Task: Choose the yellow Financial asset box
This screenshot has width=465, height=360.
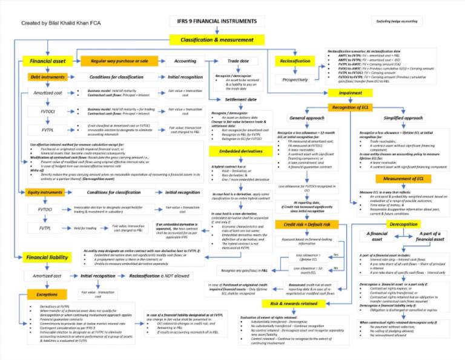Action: (x=48, y=61)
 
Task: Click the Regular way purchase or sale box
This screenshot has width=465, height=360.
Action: (x=119, y=61)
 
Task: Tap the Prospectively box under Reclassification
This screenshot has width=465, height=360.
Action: (x=295, y=79)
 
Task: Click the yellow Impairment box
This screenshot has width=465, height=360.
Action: (x=350, y=93)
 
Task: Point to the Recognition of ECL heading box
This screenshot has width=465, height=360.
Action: (x=351, y=107)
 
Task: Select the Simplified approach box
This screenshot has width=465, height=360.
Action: (x=403, y=118)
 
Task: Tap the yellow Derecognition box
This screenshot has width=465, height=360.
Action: (x=404, y=224)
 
